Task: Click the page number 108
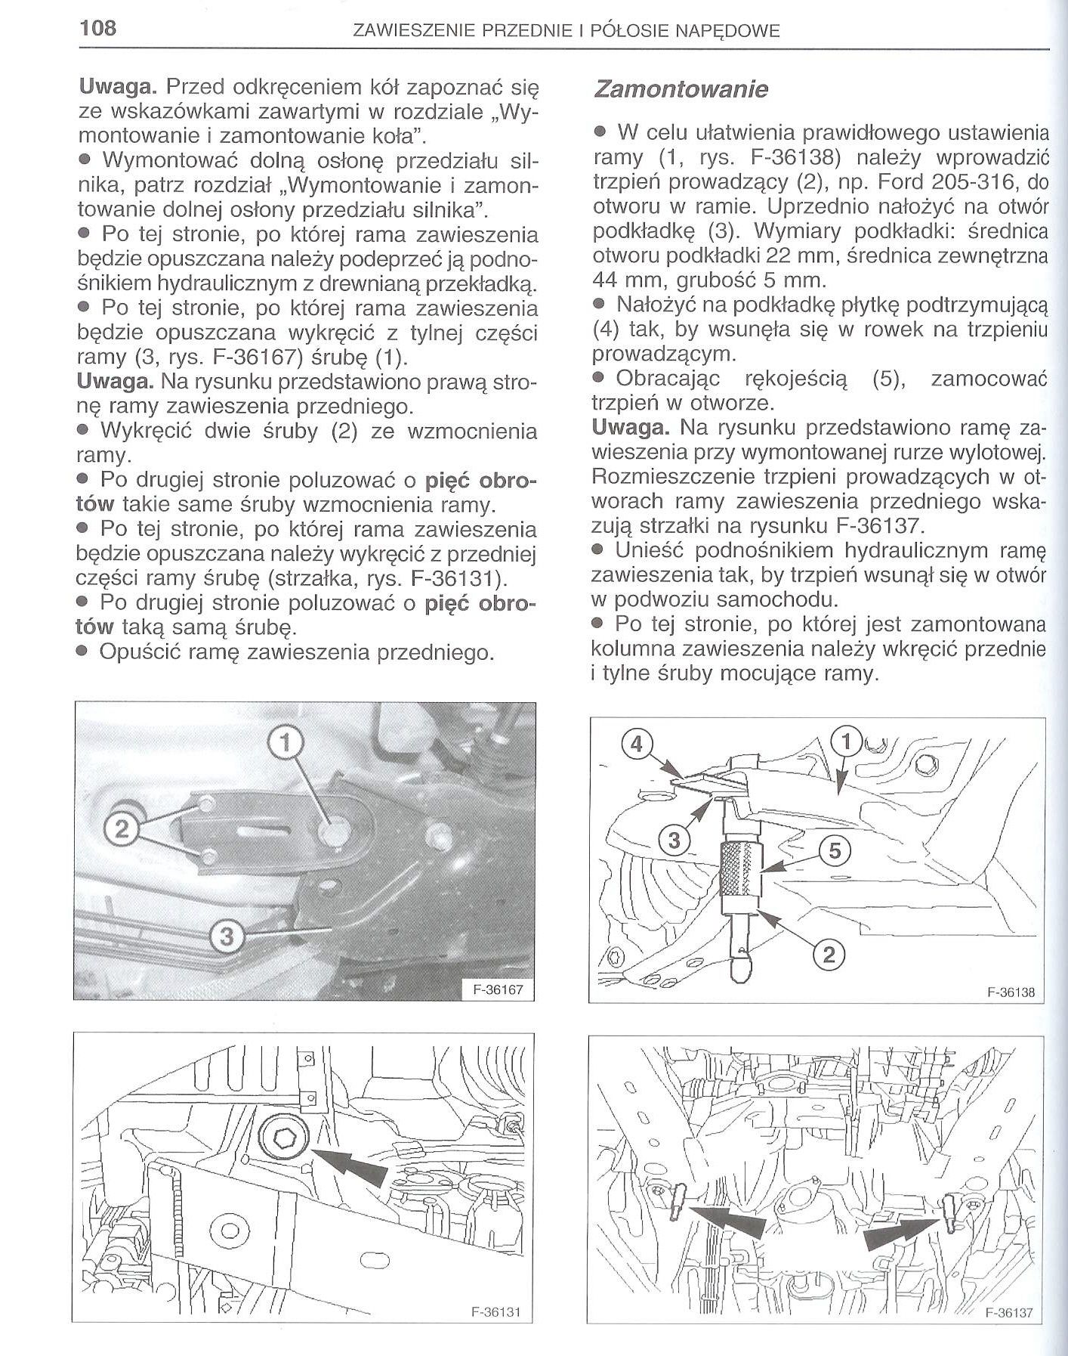pos(97,29)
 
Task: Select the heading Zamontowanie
pos(681,89)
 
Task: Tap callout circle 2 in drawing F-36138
pos(829,955)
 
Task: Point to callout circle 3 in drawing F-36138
pos(674,839)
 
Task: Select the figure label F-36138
pos(1010,992)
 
